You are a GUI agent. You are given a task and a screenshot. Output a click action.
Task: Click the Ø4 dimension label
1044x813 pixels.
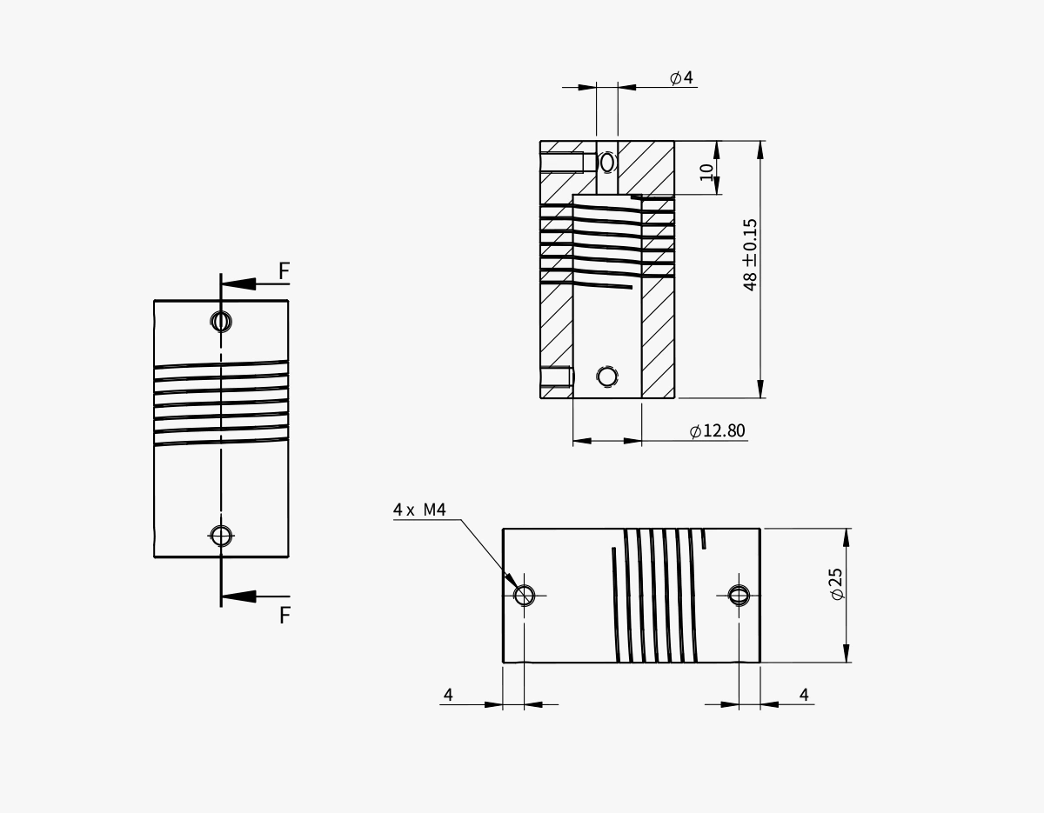pyautogui.click(x=681, y=78)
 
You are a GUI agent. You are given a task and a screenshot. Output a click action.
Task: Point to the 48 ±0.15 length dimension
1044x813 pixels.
pyautogui.click(x=750, y=254)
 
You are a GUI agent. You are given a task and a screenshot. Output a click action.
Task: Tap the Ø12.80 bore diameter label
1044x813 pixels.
pyautogui.click(x=717, y=431)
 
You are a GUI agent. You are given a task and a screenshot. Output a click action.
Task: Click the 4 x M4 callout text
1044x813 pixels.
pyautogui.click(x=419, y=510)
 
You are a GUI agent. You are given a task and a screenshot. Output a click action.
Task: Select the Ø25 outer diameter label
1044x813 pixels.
pyautogui.click(x=836, y=583)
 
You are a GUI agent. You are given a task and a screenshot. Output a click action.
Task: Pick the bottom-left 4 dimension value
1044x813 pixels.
pyautogui.click(x=448, y=695)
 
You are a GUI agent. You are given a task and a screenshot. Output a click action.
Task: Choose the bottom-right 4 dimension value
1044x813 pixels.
pyautogui.click(x=804, y=695)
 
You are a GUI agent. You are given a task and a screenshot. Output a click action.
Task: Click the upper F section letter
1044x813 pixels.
pyautogui.click(x=284, y=272)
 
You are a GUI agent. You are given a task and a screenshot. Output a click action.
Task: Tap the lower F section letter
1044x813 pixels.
pyautogui.click(x=284, y=616)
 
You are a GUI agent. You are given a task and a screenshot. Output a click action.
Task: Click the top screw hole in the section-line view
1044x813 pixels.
pyautogui.click(x=222, y=322)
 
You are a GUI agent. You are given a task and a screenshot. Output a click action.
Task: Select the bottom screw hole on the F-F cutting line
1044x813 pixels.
pyautogui.click(x=222, y=536)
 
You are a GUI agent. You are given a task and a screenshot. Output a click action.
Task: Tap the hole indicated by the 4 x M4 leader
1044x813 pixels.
pyautogui.click(x=524, y=595)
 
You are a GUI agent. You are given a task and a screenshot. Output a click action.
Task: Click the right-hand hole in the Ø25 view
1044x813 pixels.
pyautogui.click(x=739, y=595)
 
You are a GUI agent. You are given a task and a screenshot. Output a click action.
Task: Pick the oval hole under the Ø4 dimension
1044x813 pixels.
pyautogui.click(x=607, y=163)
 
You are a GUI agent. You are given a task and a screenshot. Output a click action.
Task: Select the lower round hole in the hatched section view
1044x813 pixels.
pyautogui.click(x=607, y=377)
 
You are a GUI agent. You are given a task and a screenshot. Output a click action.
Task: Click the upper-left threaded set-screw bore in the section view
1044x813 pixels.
pyautogui.click(x=562, y=163)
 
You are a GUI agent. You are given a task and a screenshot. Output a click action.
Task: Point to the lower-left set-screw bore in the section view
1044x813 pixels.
pyautogui.click(x=556, y=377)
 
